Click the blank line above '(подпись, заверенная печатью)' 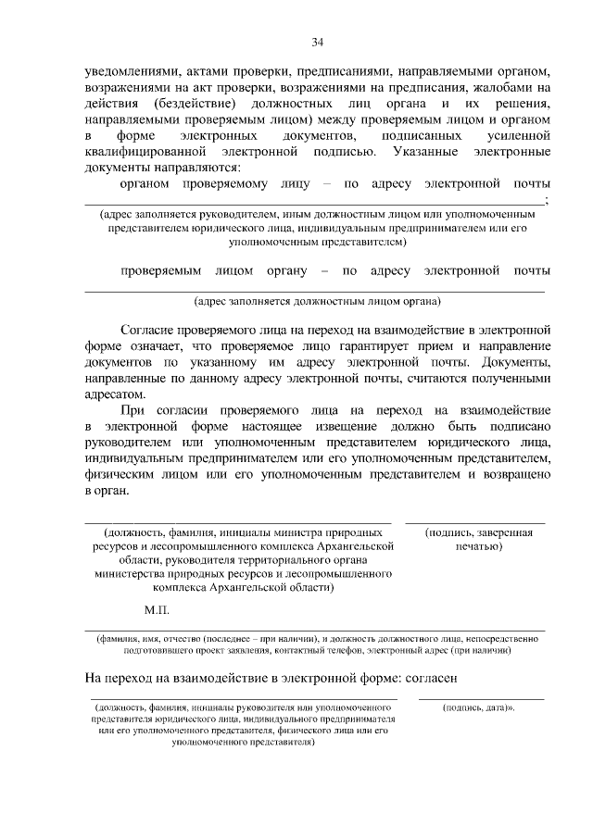click(474, 523)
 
